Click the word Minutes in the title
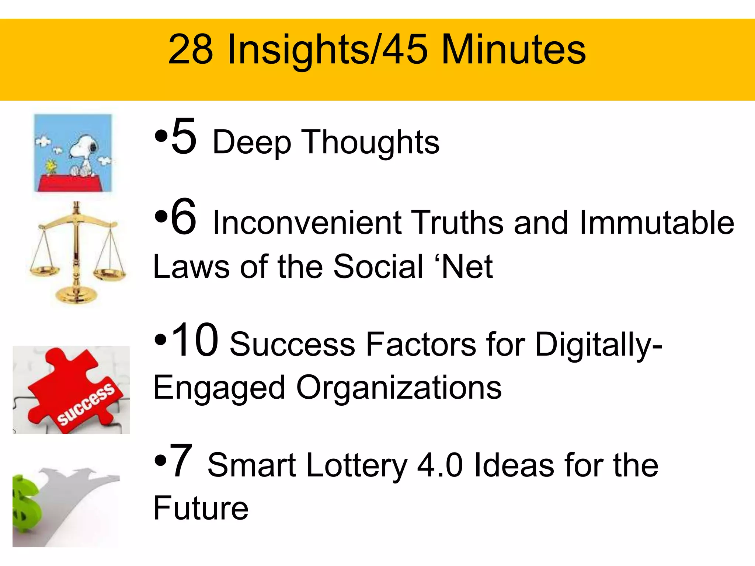tap(513, 50)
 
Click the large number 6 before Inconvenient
tap(184, 217)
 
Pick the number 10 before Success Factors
tap(195, 340)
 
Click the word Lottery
tap(356, 466)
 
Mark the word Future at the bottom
tap(201, 509)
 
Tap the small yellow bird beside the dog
tap(51, 166)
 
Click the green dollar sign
tap(24, 503)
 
